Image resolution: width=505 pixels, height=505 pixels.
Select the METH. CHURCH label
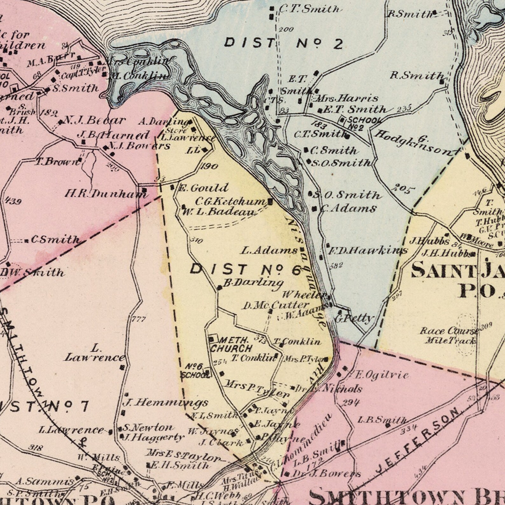[x=231, y=344]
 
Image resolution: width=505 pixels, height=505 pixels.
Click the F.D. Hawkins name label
[x=368, y=251]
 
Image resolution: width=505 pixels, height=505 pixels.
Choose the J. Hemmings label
[x=165, y=403]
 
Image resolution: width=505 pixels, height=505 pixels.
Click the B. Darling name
[x=253, y=282]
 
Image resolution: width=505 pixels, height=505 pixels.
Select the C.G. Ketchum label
[x=231, y=201]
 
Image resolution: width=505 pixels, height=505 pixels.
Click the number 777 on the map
[x=139, y=319]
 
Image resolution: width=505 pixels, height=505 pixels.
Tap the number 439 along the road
[x=13, y=201]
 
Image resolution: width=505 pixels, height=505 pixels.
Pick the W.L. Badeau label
[x=219, y=212]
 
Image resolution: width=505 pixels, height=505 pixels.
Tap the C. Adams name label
[x=348, y=209]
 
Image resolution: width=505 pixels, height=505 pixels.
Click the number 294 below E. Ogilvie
[x=351, y=403]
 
